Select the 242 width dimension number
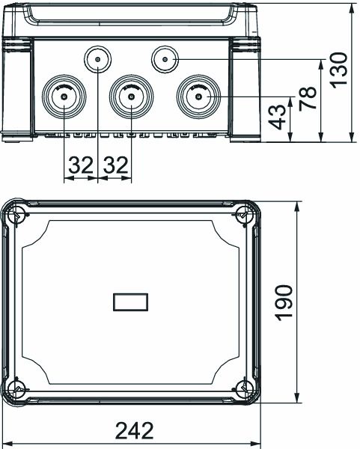pos(135,431)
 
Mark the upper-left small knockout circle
pos(97,59)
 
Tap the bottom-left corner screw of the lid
pos(18,389)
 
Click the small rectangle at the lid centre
pos(130,302)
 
